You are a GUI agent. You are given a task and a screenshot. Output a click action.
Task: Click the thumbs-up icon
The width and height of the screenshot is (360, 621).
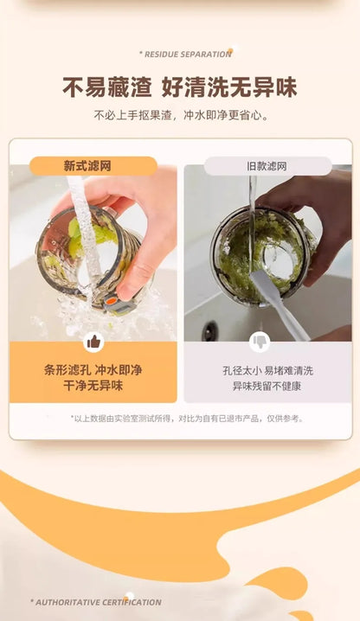tap(93, 342)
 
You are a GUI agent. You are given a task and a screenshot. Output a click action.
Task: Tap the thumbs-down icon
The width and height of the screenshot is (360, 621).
tap(260, 342)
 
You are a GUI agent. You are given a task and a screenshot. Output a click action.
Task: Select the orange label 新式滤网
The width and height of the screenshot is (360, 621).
tap(93, 166)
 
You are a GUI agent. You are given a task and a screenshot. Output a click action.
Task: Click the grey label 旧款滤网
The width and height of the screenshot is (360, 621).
tap(267, 166)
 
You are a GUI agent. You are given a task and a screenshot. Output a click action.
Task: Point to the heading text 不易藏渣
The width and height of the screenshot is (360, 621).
tap(107, 87)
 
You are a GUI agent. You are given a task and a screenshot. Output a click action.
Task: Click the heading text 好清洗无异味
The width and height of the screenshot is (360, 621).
tap(229, 87)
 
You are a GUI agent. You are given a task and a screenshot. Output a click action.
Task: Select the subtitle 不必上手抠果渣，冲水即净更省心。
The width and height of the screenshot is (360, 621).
tap(181, 116)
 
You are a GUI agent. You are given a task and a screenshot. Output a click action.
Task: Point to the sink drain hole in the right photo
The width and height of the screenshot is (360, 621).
tap(209, 330)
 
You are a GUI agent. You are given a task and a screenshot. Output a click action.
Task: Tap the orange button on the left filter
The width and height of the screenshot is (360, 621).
tap(111, 301)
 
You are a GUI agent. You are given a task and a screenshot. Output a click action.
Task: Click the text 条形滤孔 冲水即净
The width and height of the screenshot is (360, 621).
tap(93, 370)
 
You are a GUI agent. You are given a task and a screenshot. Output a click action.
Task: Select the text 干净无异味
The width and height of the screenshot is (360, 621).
tap(93, 386)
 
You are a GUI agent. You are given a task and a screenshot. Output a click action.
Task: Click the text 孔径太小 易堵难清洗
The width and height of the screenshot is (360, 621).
tap(267, 371)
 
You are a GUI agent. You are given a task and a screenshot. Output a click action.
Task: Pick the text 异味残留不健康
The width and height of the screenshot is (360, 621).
tap(267, 386)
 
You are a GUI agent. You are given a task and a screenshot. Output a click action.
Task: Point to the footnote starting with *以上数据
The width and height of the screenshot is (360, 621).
tap(187, 419)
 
